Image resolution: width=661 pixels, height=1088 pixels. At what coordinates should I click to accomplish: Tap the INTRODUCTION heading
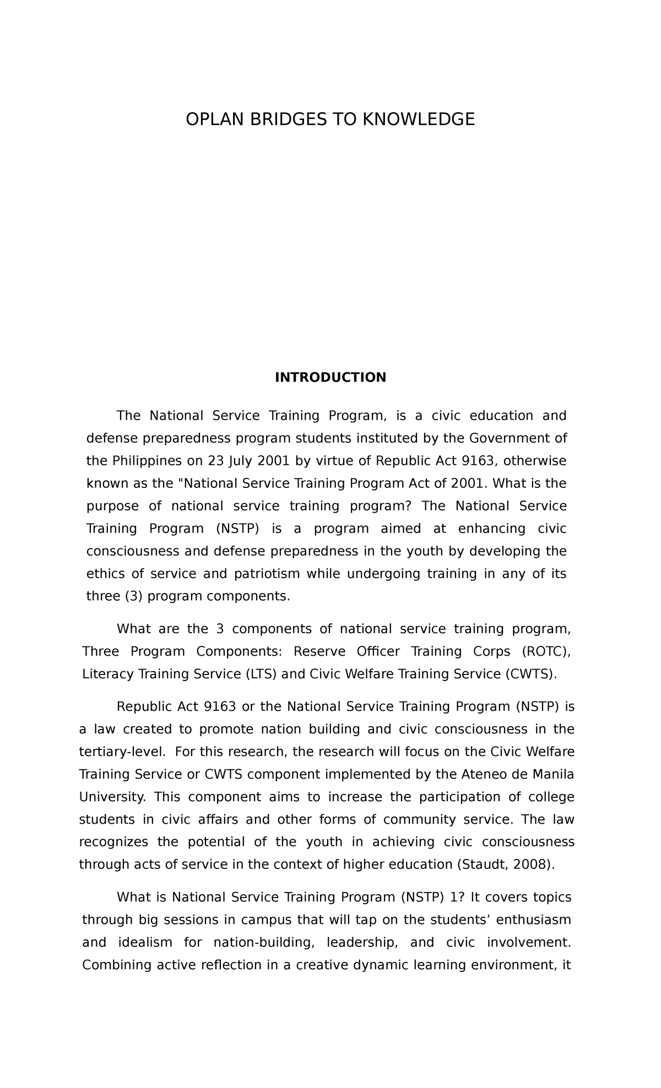330,377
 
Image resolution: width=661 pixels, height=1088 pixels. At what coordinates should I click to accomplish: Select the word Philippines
144,460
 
